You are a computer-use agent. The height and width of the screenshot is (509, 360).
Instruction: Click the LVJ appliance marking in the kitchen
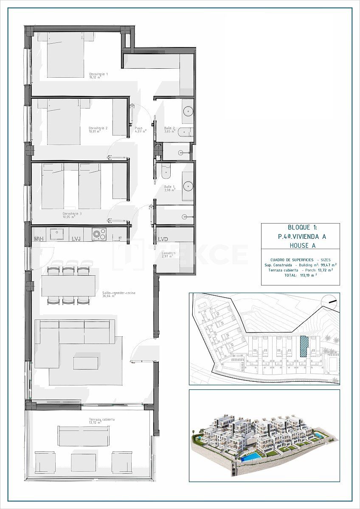pos(76,239)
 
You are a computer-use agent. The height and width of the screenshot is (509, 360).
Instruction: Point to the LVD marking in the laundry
pos(163,239)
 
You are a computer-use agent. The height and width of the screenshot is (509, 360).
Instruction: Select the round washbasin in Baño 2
pos(188,111)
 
